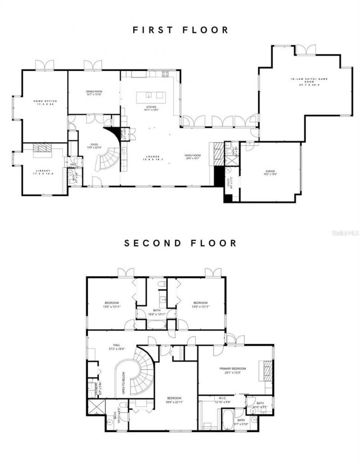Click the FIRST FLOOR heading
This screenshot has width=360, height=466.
[180, 30]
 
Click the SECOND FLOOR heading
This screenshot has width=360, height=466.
[180, 243]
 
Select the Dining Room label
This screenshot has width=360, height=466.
[94, 93]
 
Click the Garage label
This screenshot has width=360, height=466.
[270, 172]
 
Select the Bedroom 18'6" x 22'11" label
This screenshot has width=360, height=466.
[174, 399]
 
